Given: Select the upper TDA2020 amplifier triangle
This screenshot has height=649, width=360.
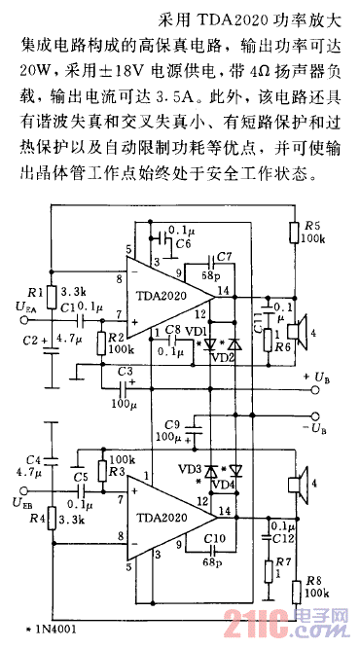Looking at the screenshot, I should tap(171, 293).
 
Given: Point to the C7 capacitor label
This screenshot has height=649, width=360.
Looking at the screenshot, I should tap(224, 256).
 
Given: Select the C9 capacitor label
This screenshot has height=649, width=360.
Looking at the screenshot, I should tap(174, 423).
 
